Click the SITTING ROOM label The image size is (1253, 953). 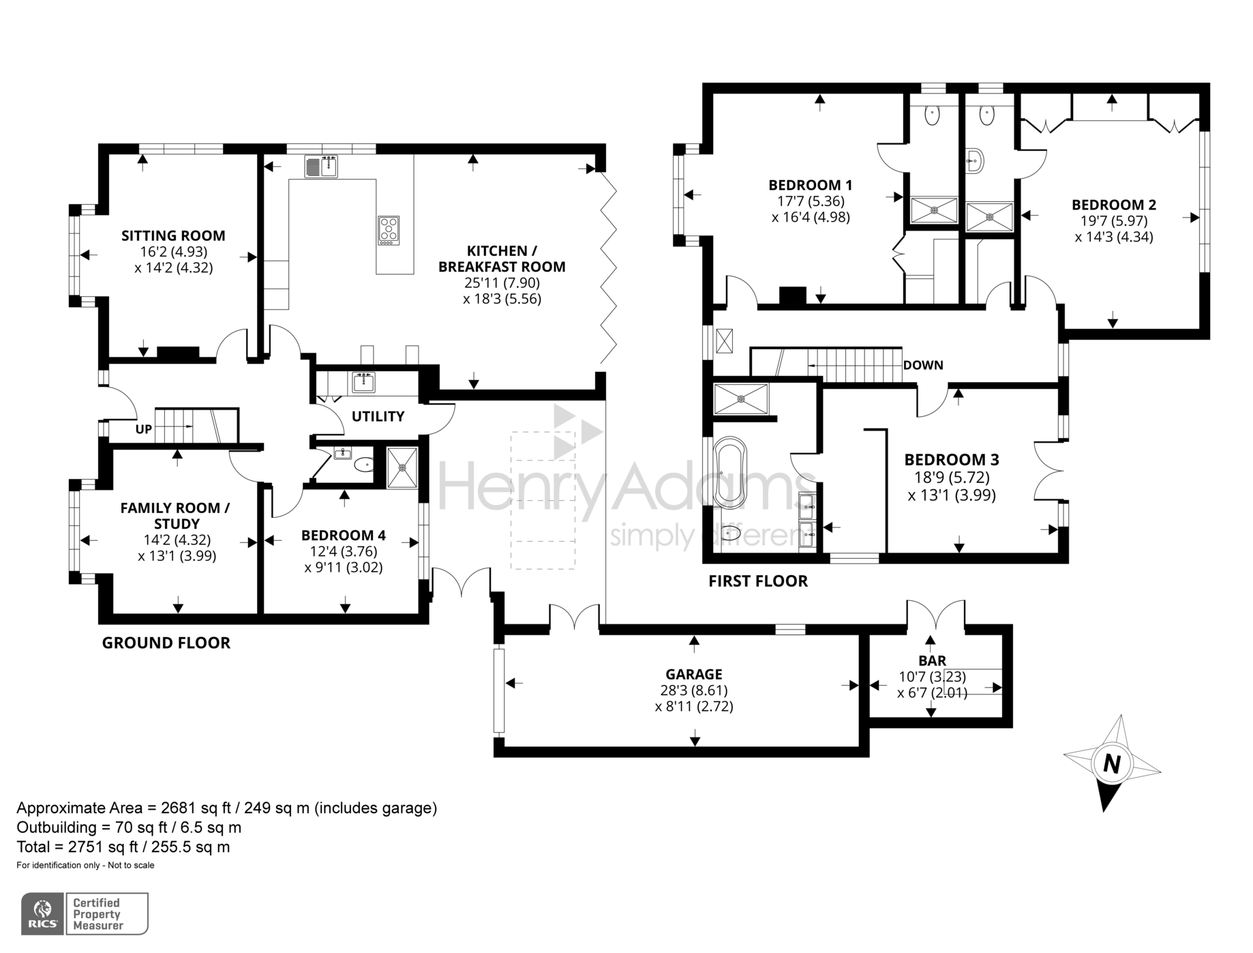click(173, 236)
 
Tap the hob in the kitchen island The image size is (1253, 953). click(389, 231)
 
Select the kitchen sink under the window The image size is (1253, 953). click(321, 166)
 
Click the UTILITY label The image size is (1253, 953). click(378, 416)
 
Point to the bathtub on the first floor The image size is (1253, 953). click(730, 472)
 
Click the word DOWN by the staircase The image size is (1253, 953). click(923, 365)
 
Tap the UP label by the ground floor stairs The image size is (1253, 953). click(144, 429)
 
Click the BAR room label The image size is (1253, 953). click(932, 660)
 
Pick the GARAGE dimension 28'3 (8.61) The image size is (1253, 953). click(694, 690)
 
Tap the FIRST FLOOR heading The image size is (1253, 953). click(757, 581)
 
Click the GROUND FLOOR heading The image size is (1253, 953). click(166, 643)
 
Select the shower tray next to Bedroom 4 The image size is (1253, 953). click(402, 467)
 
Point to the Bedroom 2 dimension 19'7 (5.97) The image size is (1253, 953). click(1113, 221)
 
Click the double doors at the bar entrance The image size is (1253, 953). click(935, 613)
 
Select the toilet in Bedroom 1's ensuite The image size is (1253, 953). click(932, 115)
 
